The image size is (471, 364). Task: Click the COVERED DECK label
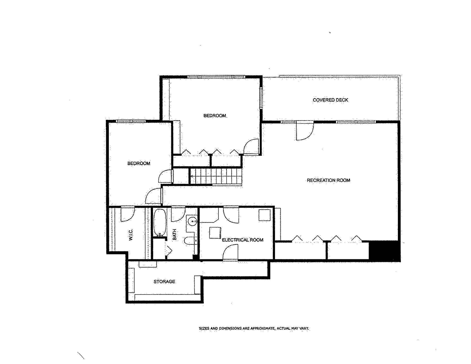(330, 100)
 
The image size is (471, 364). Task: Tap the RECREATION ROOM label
(328, 180)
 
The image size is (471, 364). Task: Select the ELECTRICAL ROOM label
(243, 240)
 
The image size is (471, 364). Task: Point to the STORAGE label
(164, 281)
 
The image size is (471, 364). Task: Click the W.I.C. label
(130, 234)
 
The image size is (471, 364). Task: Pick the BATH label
(174, 234)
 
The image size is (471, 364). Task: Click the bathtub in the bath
(160, 222)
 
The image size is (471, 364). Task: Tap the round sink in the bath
(192, 221)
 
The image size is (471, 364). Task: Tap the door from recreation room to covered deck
(305, 131)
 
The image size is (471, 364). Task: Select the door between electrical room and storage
(231, 252)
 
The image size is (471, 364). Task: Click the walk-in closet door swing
(127, 214)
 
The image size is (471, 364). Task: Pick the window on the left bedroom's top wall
(131, 121)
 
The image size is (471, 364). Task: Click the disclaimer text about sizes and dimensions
(254, 328)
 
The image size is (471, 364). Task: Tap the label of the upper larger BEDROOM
(215, 116)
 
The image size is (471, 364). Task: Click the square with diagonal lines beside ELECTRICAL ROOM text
(215, 233)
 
